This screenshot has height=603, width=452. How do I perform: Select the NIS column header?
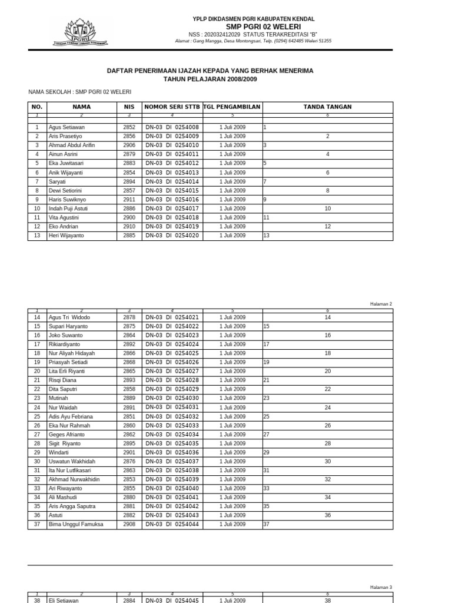point(129,107)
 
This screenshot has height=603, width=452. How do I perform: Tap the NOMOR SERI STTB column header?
point(172,107)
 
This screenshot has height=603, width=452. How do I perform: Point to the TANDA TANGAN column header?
point(327,107)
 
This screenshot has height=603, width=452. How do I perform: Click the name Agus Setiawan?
point(67,127)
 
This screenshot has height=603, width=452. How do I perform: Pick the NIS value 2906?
point(129,145)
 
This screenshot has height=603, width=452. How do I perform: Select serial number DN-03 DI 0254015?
point(172,191)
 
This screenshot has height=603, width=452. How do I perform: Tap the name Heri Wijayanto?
point(67,236)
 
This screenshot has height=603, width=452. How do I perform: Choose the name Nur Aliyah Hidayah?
point(72,353)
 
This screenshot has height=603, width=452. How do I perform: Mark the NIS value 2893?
point(129,380)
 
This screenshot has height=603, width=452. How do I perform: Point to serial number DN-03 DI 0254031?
point(172,407)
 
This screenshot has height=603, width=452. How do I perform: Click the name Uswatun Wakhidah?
point(72,462)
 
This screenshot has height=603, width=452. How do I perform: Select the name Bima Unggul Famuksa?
point(75,524)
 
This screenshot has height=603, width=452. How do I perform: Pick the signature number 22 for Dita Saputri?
point(328,389)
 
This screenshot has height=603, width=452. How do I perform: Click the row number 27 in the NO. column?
point(37,435)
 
